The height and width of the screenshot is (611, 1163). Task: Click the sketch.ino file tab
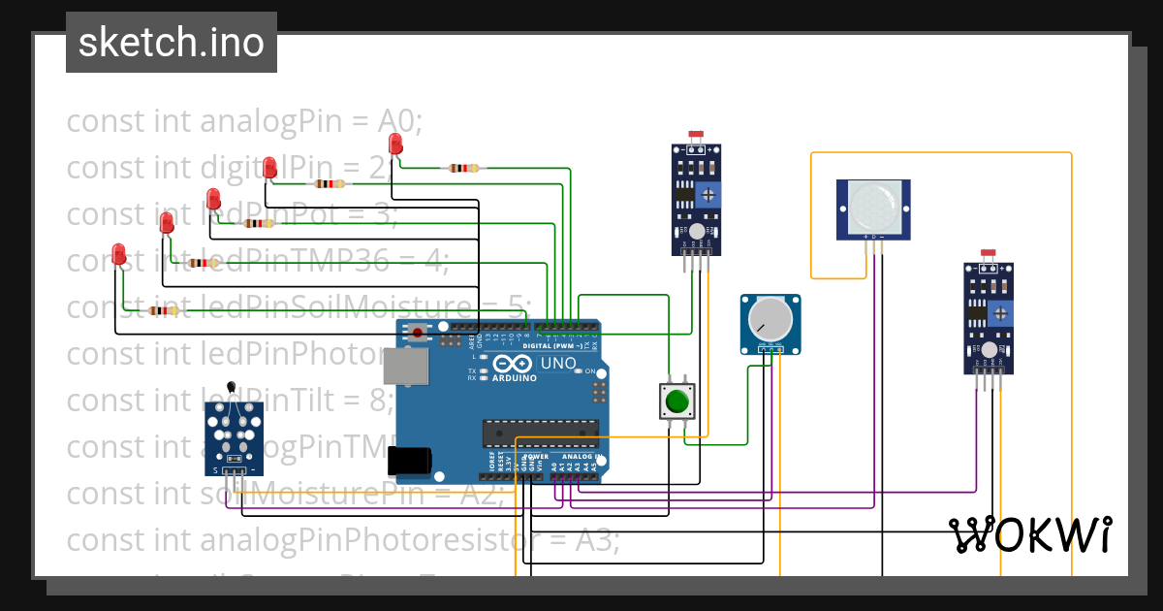[171, 43]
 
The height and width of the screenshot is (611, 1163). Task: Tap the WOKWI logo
[1029, 534]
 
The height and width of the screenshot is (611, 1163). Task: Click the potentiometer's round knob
[770, 317]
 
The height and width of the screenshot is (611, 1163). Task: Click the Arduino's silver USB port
[405, 366]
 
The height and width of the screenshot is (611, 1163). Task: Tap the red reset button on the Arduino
[418, 334]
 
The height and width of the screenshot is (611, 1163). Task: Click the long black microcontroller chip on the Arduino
[542, 434]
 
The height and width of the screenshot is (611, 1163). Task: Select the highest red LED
[394, 145]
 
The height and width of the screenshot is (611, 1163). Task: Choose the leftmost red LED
[119, 254]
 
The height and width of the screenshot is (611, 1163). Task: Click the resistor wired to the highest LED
[461, 168]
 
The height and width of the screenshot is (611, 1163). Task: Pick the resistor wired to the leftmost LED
[163, 310]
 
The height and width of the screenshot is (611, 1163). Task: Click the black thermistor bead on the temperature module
[230, 387]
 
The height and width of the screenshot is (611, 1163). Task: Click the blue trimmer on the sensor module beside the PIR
[710, 194]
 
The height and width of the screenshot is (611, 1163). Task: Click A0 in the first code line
[398, 121]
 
